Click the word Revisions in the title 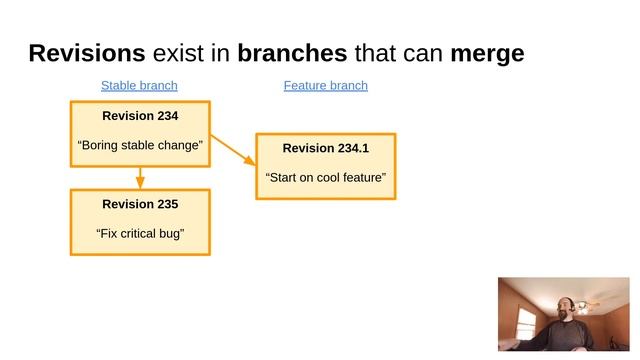coord(86,53)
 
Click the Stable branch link coord(139,86)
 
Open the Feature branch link coord(325,86)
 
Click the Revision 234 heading coord(140,116)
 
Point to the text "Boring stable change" coord(140,145)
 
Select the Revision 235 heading coord(140,204)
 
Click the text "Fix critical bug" coord(140,234)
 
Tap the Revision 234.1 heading coord(325,148)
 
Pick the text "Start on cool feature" coord(325,177)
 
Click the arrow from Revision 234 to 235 coord(140,178)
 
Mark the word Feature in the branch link coord(306,86)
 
